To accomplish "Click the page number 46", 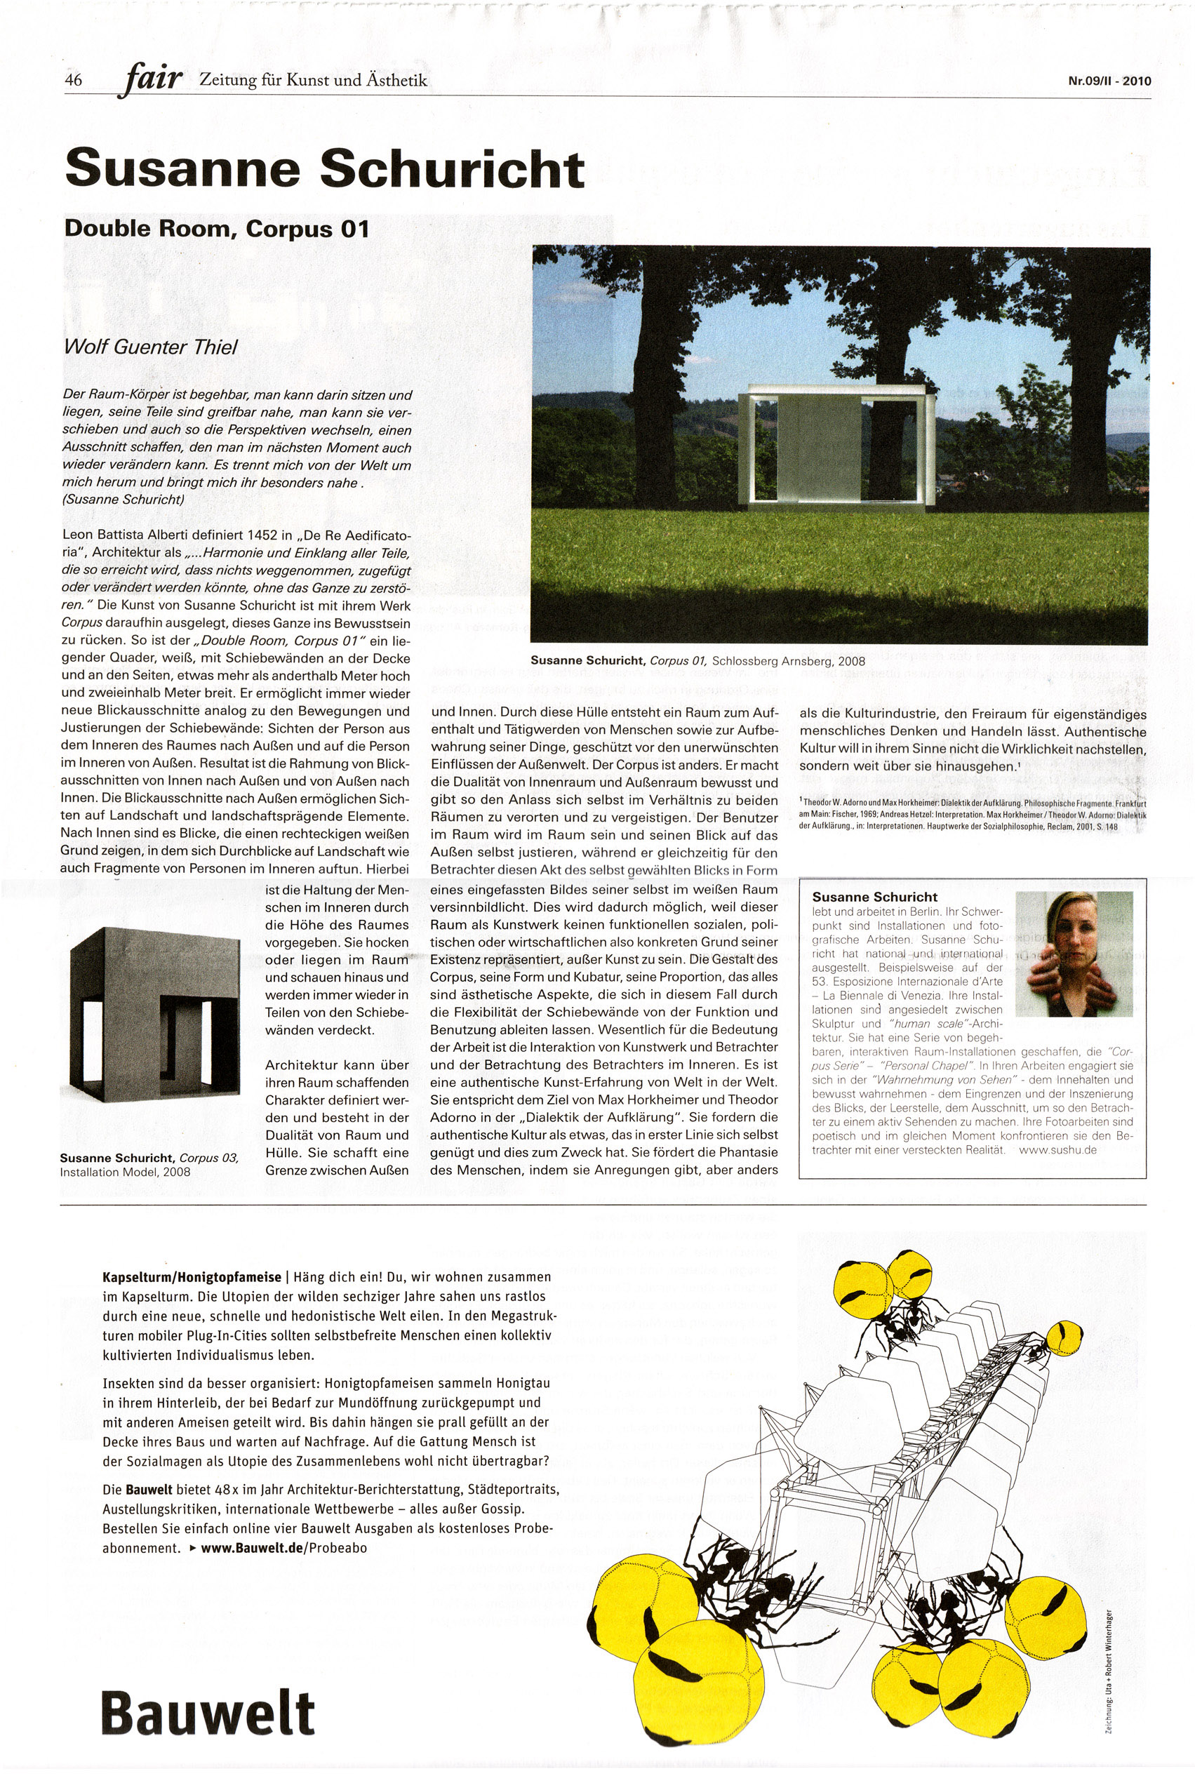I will pyautogui.click(x=73, y=80).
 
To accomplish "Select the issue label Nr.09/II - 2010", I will pyautogui.click(x=1110, y=81).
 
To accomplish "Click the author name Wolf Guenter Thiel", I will pyautogui.click(x=151, y=347).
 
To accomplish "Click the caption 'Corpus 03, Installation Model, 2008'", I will pyautogui.click(x=149, y=1165).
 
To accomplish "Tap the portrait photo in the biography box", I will pyautogui.click(x=1074, y=954).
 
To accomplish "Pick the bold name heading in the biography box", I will pyautogui.click(x=874, y=897).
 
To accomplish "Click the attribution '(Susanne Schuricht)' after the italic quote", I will pyautogui.click(x=123, y=500).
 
